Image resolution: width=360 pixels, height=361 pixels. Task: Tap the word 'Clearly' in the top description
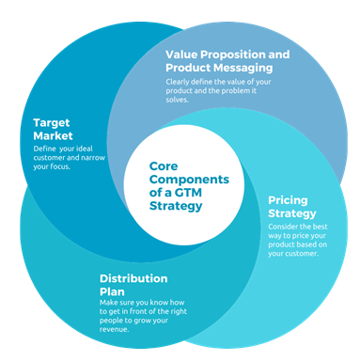[x=180, y=80]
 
